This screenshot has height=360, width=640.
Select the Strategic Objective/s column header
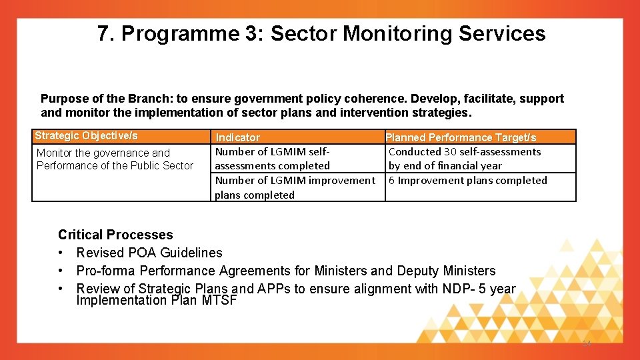pyautogui.click(x=86, y=136)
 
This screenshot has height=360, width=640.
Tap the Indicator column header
pyautogui.click(x=237, y=137)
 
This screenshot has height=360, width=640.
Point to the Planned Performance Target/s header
pyautogui.click(x=461, y=137)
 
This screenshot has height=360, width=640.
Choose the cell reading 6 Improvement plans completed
pyautogui.click(x=468, y=181)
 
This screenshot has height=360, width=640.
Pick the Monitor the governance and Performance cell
pyautogui.click(x=115, y=159)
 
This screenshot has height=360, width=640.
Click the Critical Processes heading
pyautogui.click(x=115, y=235)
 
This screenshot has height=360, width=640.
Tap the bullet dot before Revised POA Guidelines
pyautogui.click(x=61, y=253)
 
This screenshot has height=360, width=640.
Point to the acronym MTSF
pyautogui.click(x=219, y=301)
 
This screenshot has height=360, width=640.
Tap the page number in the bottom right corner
pyautogui.click(x=587, y=343)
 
